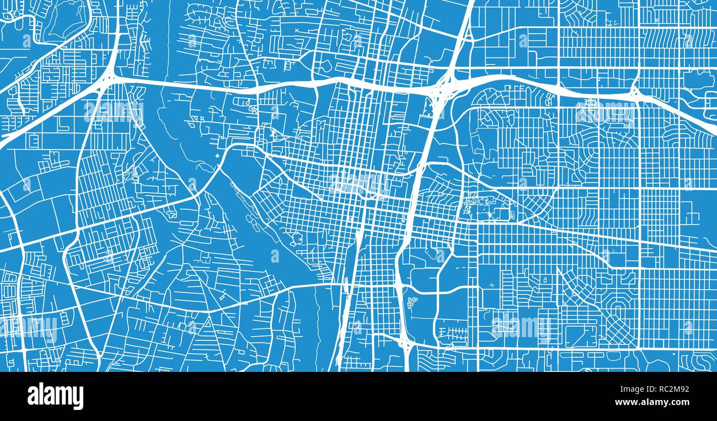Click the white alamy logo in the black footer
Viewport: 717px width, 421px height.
(55, 396)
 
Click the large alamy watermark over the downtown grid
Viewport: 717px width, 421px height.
(359, 183)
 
